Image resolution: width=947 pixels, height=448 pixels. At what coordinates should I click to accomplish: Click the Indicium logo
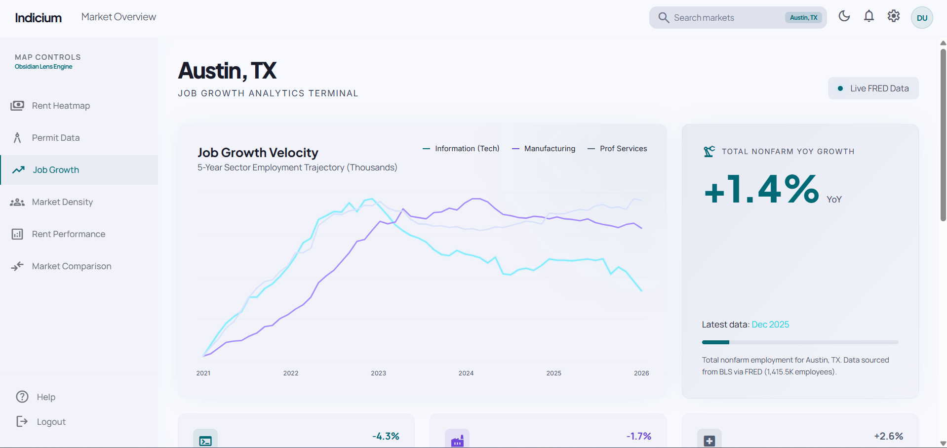pyautogui.click(x=39, y=18)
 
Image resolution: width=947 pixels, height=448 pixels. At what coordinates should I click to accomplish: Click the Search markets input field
pyautogui.click(x=716, y=18)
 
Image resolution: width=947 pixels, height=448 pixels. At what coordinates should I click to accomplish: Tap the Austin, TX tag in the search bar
pyautogui.click(x=803, y=18)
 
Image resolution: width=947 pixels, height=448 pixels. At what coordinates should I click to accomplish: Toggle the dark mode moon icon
pyautogui.click(x=844, y=16)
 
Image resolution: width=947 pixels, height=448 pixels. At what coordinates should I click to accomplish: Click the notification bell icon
pyautogui.click(x=869, y=16)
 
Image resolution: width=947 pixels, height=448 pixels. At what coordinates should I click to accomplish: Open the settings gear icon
pyautogui.click(x=894, y=16)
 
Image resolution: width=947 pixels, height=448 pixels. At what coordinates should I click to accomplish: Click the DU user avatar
pyautogui.click(x=922, y=18)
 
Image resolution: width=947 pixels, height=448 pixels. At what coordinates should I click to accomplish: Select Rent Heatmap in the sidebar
pyautogui.click(x=61, y=106)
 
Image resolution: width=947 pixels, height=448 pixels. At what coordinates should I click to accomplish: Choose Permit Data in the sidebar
pyautogui.click(x=56, y=138)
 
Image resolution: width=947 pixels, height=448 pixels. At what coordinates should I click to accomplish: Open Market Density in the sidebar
pyautogui.click(x=62, y=202)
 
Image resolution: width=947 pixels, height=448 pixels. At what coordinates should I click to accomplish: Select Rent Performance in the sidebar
pyautogui.click(x=69, y=234)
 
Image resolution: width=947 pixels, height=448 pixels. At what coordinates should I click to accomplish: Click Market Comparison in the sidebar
pyautogui.click(x=72, y=266)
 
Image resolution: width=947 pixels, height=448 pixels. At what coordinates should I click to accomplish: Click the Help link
pyautogui.click(x=46, y=397)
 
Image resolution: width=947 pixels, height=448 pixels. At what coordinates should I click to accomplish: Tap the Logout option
pyautogui.click(x=51, y=422)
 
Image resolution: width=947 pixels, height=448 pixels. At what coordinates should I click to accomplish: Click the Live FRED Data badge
pyautogui.click(x=873, y=88)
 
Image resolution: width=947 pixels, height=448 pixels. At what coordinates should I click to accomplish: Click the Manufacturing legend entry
pyautogui.click(x=549, y=149)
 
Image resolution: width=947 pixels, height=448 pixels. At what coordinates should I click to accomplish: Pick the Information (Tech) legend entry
pyautogui.click(x=467, y=149)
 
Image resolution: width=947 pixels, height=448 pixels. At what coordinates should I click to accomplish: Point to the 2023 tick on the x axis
pyautogui.click(x=379, y=373)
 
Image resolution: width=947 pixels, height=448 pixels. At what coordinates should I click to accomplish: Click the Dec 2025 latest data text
pyautogui.click(x=770, y=325)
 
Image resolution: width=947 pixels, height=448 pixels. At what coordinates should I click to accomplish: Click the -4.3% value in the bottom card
pyautogui.click(x=386, y=436)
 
